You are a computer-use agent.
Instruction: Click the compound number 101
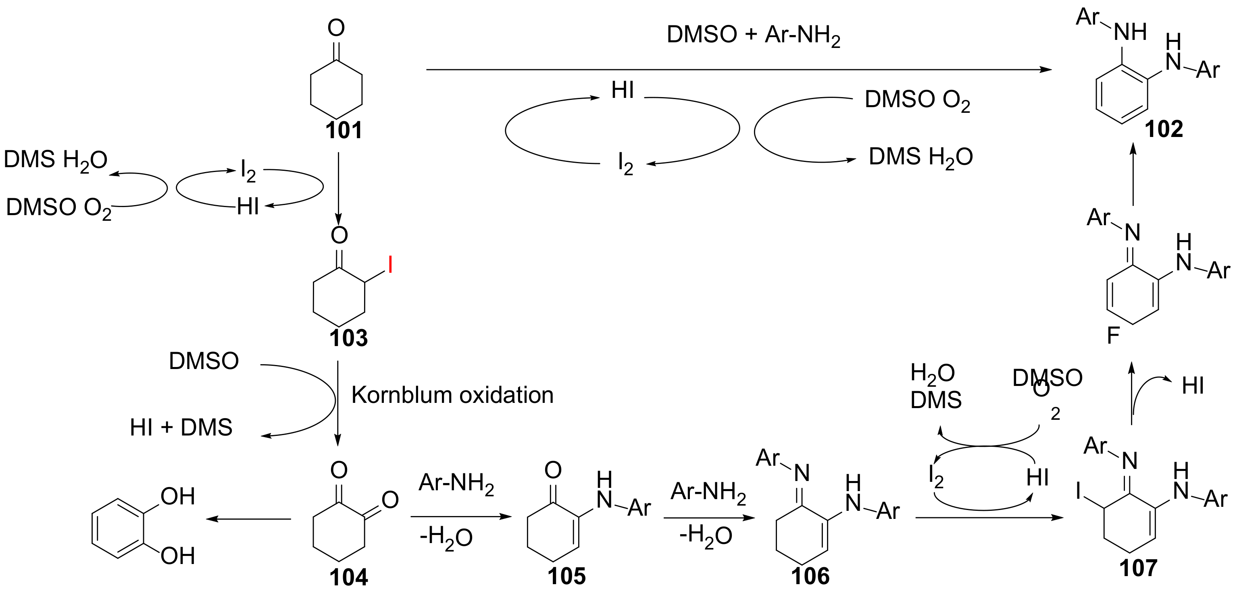tap(344, 130)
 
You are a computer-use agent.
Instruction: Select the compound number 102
tap(1164, 129)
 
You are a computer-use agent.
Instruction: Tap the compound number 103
tap(348, 338)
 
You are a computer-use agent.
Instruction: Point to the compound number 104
tap(348, 578)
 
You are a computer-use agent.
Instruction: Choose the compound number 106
tap(810, 576)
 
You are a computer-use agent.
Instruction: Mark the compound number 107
tap(1138, 568)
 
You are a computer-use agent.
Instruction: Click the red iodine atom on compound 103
tap(390, 265)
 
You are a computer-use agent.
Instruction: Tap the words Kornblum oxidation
tap(452, 396)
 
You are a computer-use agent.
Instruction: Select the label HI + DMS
tap(181, 427)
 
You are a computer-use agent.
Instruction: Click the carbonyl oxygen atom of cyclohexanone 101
tap(336, 28)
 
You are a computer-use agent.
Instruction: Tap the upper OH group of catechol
tap(177, 497)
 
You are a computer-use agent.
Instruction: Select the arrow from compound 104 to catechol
tap(248, 518)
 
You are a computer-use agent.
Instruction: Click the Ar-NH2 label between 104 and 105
tap(456, 483)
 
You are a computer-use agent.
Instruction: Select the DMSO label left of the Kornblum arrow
tap(204, 361)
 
